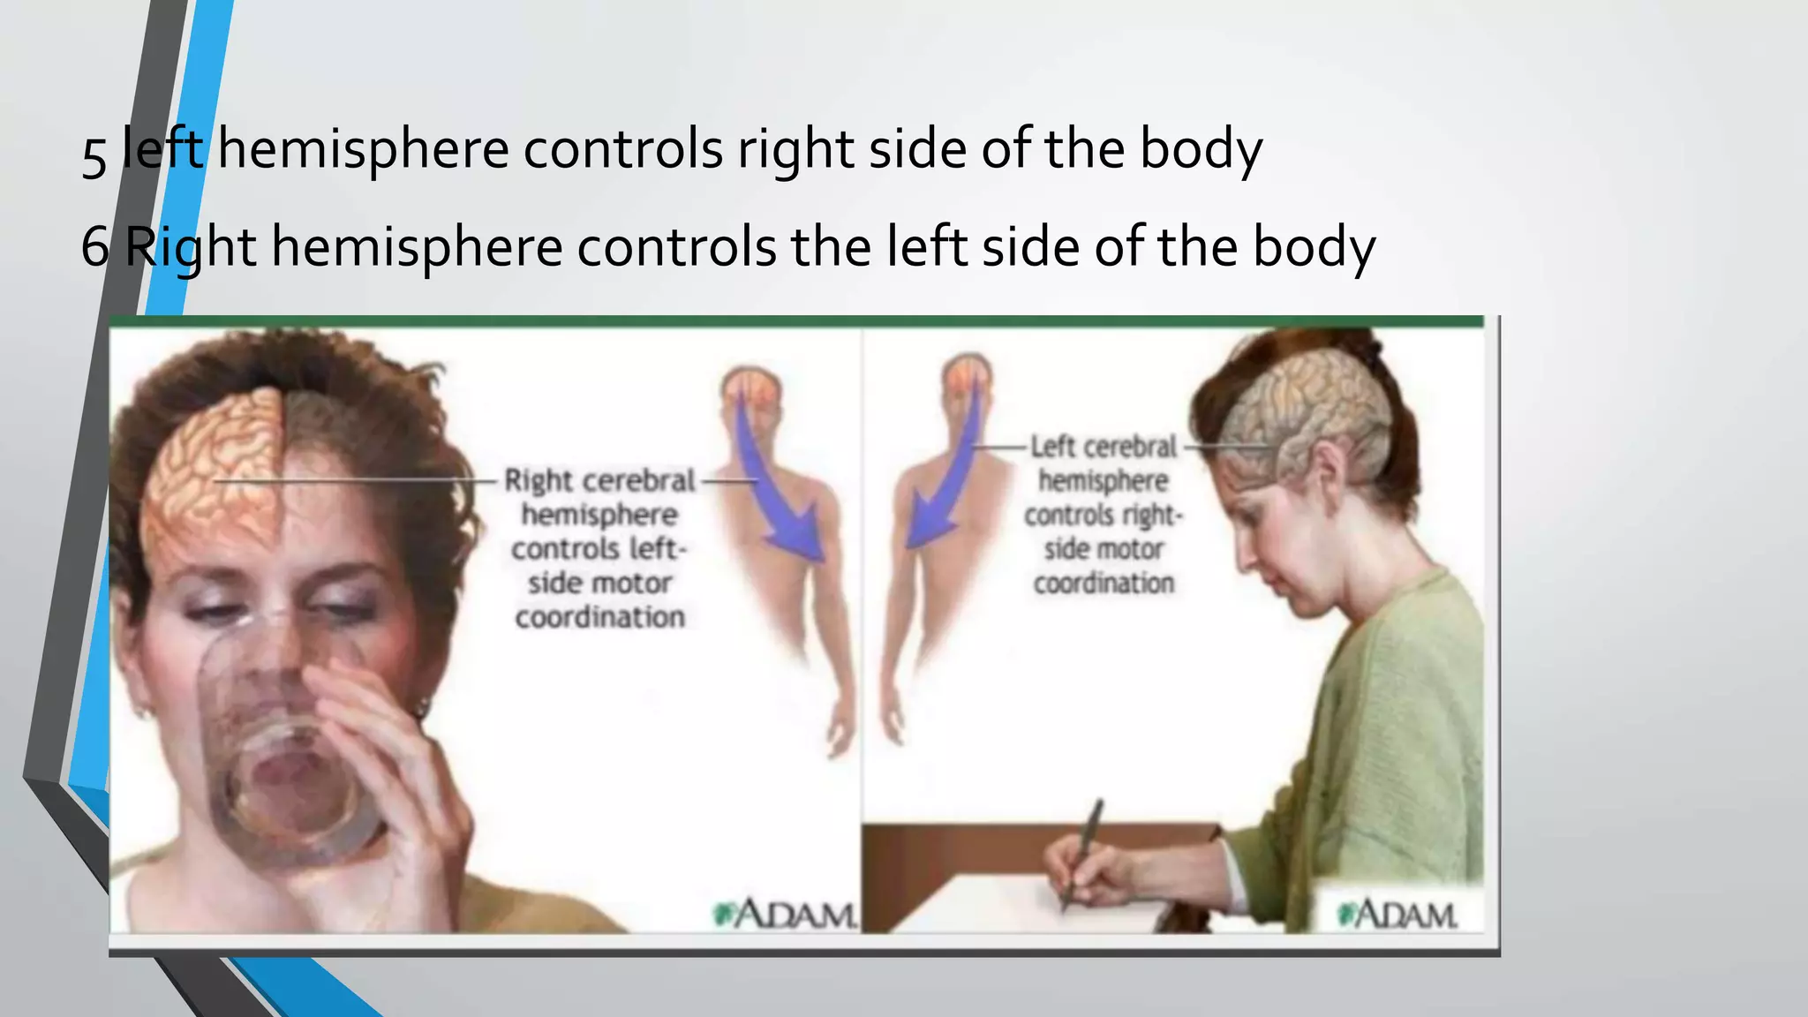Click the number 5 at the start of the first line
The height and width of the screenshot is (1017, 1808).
point(94,155)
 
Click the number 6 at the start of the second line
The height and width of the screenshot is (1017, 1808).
point(95,246)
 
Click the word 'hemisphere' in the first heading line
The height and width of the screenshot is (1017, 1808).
point(363,150)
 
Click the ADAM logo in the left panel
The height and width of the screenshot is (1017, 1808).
point(785,914)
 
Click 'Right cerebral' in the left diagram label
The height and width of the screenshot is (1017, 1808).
point(599,481)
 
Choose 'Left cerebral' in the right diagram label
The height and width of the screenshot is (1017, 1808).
point(1104,447)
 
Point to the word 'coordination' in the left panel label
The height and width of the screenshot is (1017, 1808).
point(599,617)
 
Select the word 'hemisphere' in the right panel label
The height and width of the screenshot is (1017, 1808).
point(1104,481)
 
